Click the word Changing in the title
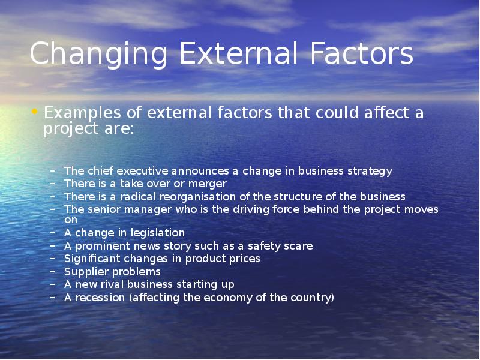[x=98, y=54]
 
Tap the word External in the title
[x=238, y=53]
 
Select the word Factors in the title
[x=362, y=53]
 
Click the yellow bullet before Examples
[x=34, y=112]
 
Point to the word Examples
[x=82, y=113]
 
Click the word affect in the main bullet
[x=387, y=112]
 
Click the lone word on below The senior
[x=71, y=220]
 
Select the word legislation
[x=158, y=233]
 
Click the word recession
[x=100, y=298]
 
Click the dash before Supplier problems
[x=53, y=272]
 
